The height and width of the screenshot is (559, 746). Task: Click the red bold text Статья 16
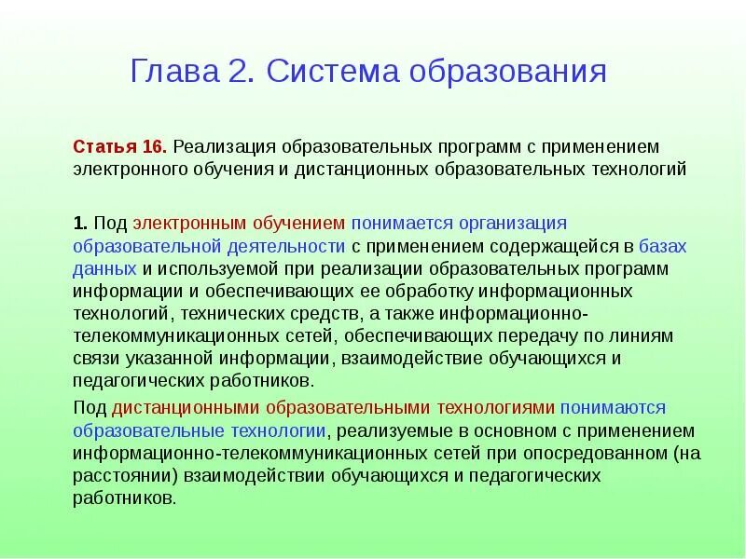pyautogui.click(x=119, y=148)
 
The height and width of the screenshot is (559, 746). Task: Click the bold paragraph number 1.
pyautogui.click(x=80, y=224)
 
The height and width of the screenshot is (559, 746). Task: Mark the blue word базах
pyautogui.click(x=663, y=246)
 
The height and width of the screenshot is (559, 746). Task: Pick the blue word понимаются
pyautogui.click(x=614, y=408)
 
